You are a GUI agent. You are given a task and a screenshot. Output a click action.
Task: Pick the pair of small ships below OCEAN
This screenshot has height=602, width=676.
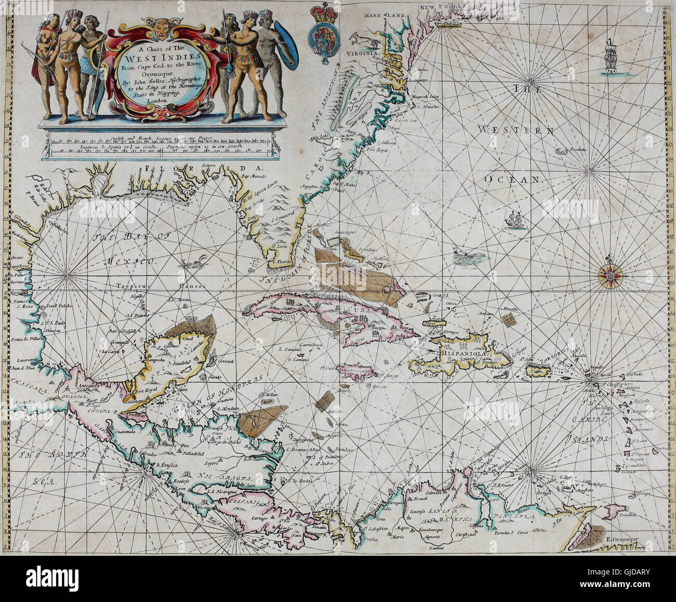(x=515, y=220)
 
